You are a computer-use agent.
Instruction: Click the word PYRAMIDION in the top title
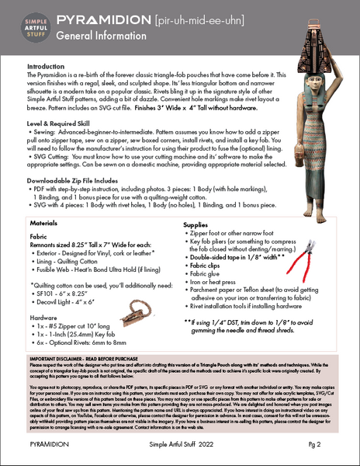105,18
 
